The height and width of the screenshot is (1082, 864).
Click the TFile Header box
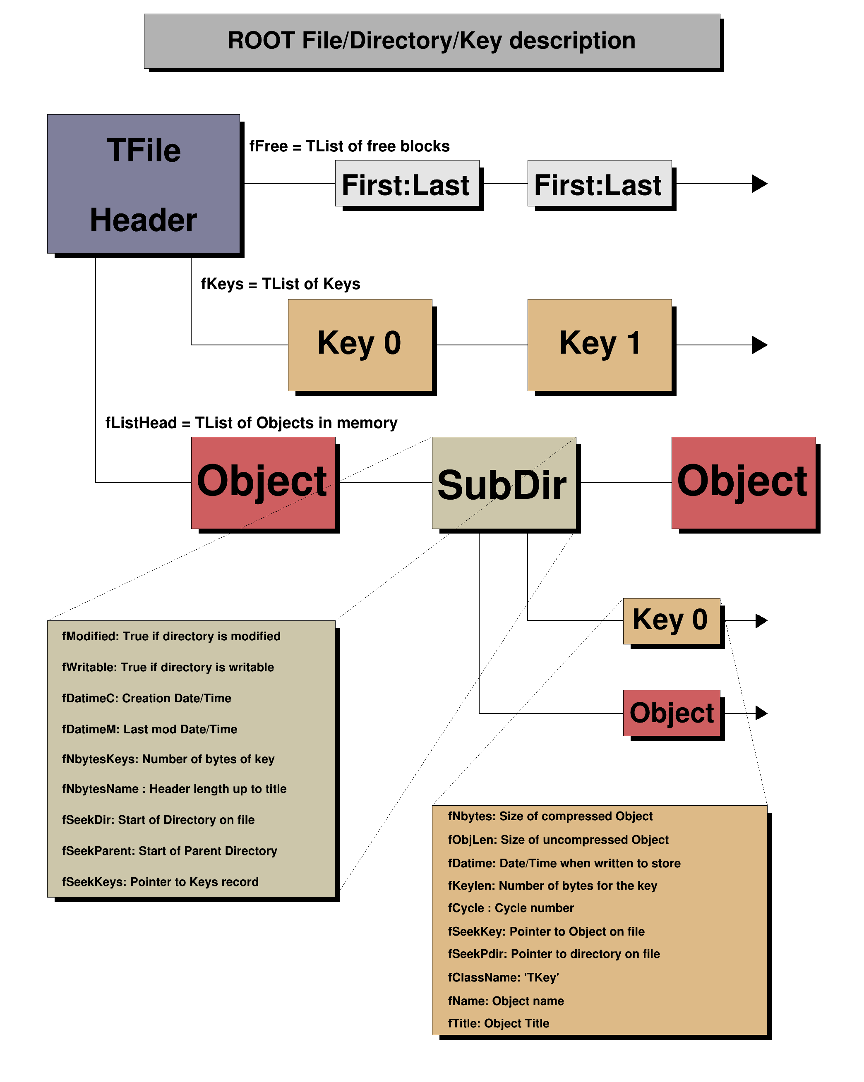coord(143,184)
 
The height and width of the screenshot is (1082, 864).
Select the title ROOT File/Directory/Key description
coord(431,41)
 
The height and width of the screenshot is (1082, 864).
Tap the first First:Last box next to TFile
coord(407,184)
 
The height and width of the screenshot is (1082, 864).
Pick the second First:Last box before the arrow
coord(599,184)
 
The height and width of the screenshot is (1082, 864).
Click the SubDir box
coord(504,483)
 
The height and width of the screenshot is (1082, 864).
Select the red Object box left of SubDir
coord(263,483)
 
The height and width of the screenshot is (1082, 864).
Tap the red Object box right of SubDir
coord(743,483)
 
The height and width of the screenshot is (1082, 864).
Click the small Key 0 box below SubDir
coord(671,621)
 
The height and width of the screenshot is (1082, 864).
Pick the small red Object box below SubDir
coord(671,713)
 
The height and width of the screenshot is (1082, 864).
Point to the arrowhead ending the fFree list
coord(759,184)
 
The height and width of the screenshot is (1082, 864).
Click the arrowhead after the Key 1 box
coord(759,345)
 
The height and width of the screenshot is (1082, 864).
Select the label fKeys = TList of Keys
coord(280,284)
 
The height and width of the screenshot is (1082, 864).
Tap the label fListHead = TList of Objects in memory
coord(251,423)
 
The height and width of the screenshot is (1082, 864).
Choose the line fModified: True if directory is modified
coord(171,637)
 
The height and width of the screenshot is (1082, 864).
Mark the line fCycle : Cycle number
coord(511,908)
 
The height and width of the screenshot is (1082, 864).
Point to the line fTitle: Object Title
coord(499,1023)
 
